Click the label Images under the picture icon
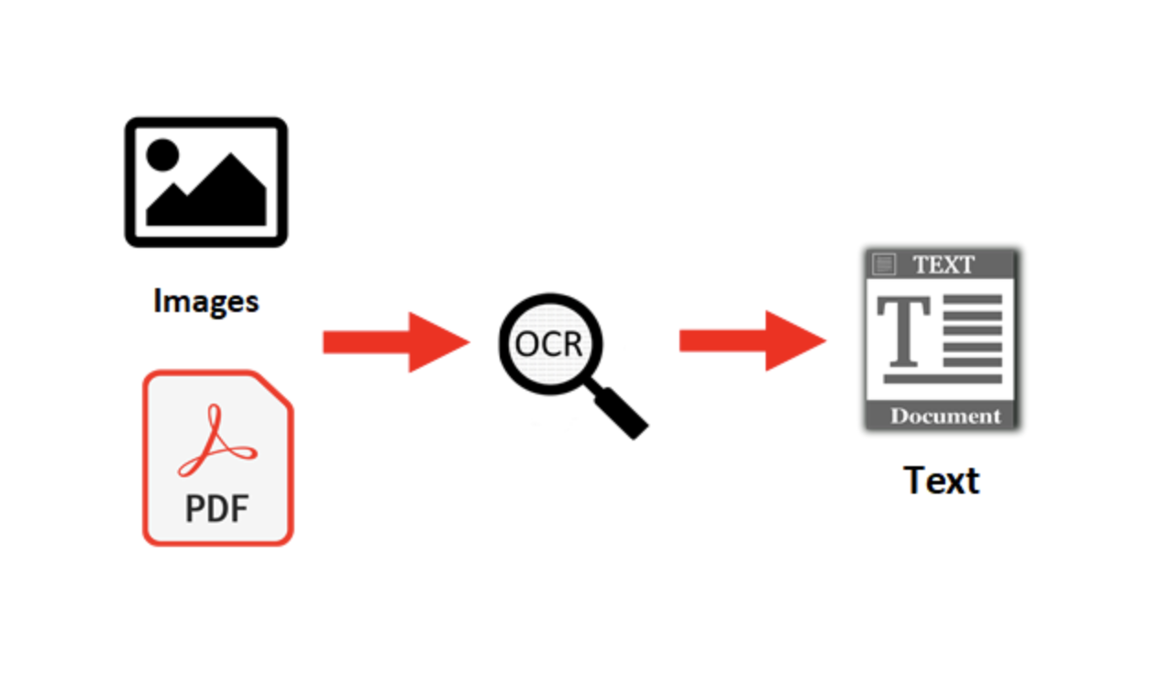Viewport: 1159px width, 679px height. pos(205,301)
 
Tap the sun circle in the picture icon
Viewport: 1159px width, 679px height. pos(162,154)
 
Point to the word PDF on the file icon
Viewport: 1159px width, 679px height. pos(217,507)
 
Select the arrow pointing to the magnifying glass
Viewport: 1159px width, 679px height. pos(395,342)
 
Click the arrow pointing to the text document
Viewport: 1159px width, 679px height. pos(752,340)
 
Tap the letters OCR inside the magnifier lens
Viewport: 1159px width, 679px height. pos(548,344)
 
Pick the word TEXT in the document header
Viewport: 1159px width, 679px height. pos(944,265)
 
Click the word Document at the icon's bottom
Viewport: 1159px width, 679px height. pos(945,416)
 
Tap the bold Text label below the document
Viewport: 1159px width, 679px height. pos(942,481)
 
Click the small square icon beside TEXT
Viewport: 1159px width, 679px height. pos(884,265)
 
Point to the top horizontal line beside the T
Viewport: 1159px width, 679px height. pos(972,299)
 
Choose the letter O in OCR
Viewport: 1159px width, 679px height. pos(527,344)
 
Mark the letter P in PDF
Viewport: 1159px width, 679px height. pos(195,507)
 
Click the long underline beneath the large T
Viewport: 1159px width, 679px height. pos(942,377)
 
